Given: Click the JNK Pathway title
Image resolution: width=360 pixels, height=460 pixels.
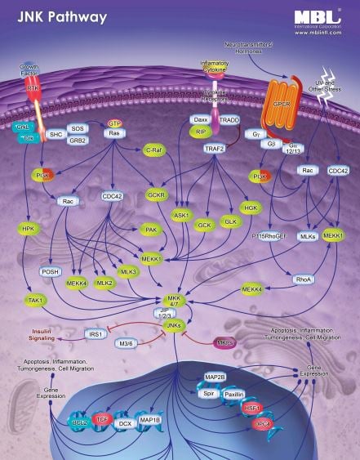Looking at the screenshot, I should [x=51, y=16].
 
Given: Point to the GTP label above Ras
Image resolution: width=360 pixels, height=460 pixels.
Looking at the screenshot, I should [x=116, y=123].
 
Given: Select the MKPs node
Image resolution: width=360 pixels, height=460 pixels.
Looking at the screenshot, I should [x=226, y=342].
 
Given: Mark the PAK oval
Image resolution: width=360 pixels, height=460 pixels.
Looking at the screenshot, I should [x=149, y=231].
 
